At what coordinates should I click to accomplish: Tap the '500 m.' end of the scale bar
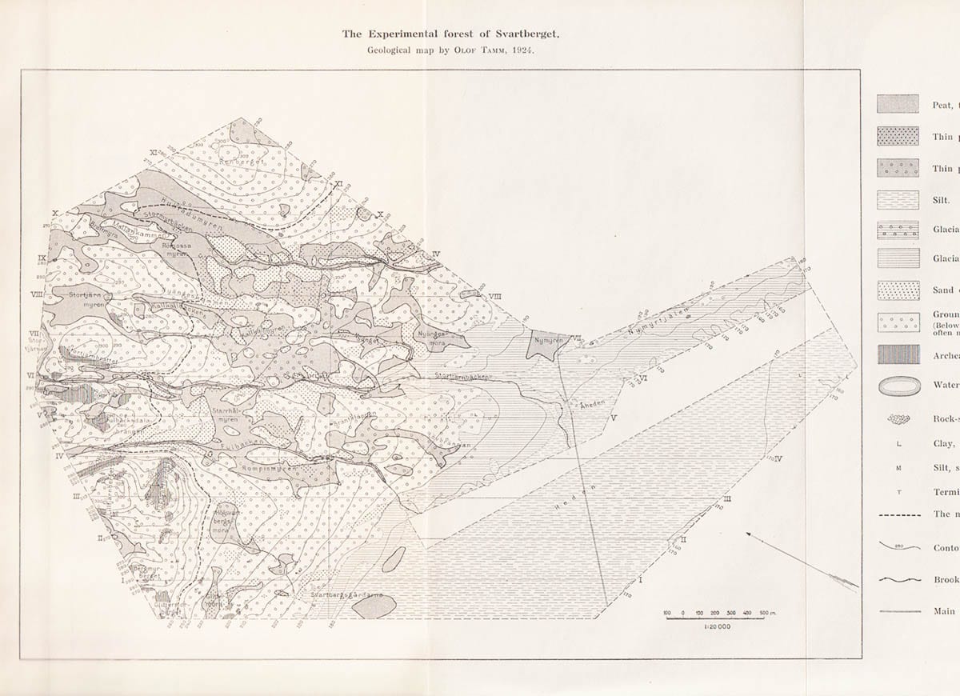[x=770, y=614]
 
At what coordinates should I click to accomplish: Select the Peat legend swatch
[x=898, y=104]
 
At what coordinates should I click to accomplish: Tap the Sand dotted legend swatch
[x=898, y=290]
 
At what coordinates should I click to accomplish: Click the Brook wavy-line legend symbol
[x=898, y=580]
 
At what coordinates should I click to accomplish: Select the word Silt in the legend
[x=941, y=205]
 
